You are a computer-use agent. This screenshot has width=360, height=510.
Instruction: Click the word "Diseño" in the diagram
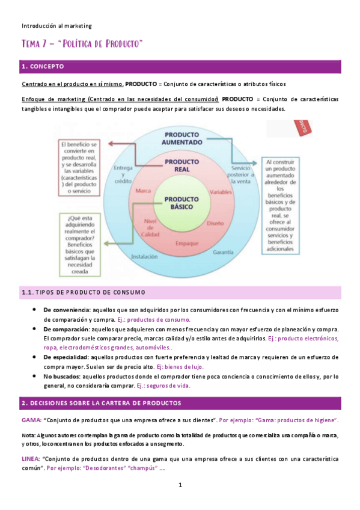point(215,223)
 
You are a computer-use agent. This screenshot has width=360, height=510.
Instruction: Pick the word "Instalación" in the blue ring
point(144,256)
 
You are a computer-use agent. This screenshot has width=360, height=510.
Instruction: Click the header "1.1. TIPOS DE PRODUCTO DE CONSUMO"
point(84,292)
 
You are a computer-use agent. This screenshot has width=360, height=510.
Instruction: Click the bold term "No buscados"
point(61,376)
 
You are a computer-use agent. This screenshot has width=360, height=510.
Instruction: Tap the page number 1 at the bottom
point(180,484)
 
